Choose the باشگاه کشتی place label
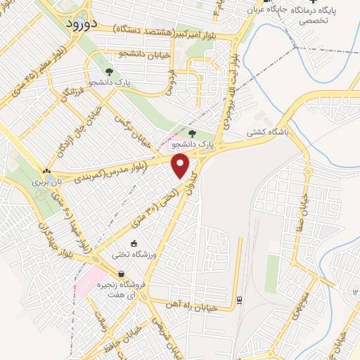(265, 129)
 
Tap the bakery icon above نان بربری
(46, 171)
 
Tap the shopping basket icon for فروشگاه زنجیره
(122, 274)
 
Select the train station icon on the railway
(239, 300)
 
